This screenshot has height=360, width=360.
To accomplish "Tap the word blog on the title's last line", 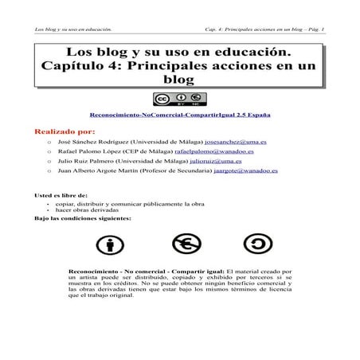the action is point(180,80).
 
